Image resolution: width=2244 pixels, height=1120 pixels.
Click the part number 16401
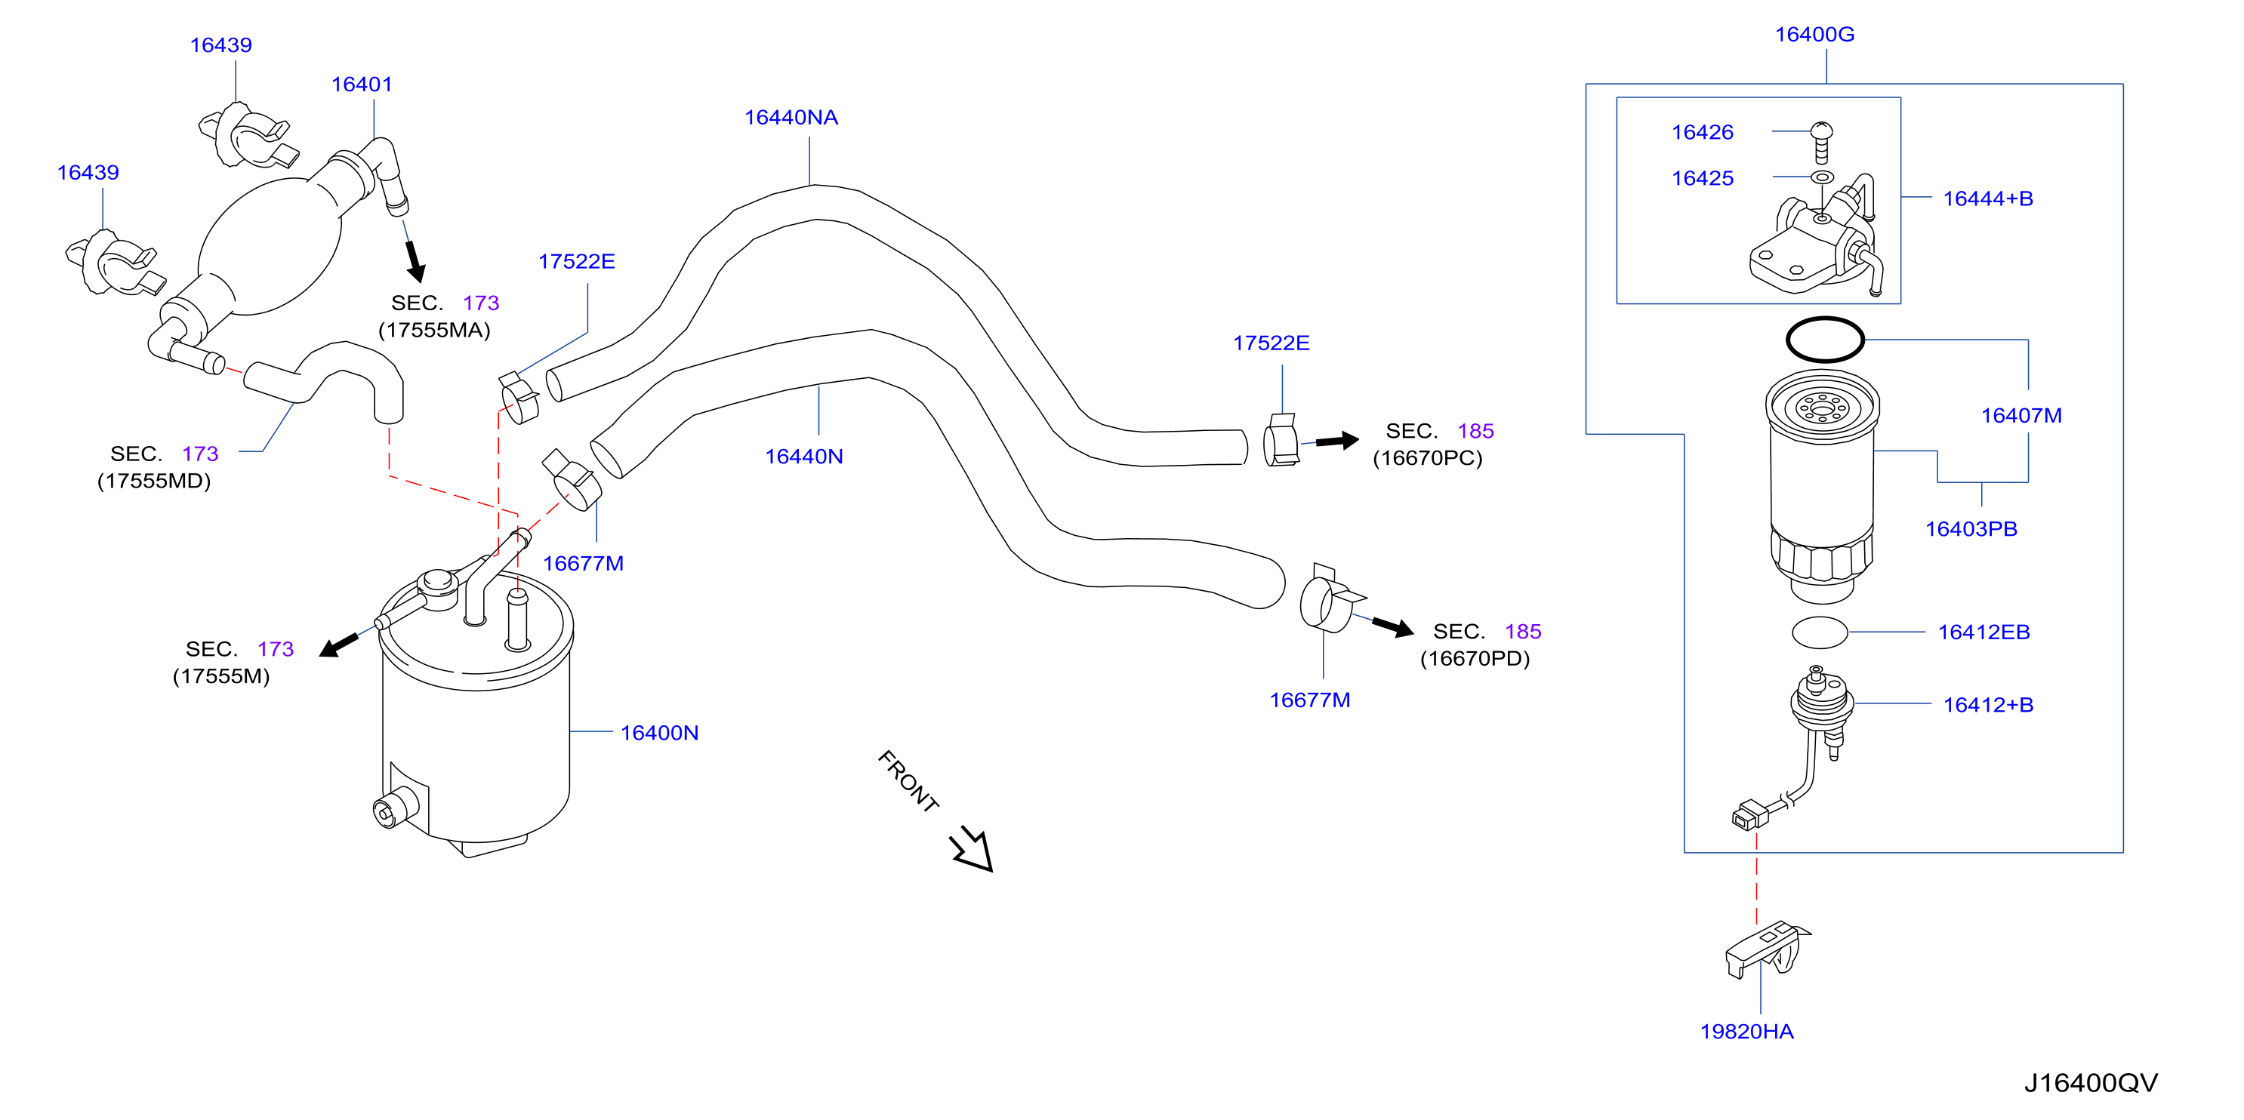pyautogui.click(x=362, y=85)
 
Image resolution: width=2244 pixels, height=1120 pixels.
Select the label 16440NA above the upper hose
pyautogui.click(x=791, y=118)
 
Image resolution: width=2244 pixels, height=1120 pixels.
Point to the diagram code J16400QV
pyautogui.click(x=2091, y=1082)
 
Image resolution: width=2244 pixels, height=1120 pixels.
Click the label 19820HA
pyautogui.click(x=1746, y=1032)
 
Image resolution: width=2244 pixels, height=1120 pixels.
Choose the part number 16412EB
pyautogui.click(x=1984, y=632)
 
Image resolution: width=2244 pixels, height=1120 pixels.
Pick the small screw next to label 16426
pyautogui.click(x=1820, y=143)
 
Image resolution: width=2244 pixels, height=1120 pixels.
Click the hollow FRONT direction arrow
pyautogui.click(x=973, y=849)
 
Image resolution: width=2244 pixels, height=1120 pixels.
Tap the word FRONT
pyautogui.click(x=908, y=781)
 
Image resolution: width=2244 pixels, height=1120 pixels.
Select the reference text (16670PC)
pyautogui.click(x=1427, y=458)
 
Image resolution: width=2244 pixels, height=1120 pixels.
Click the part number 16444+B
pyautogui.click(x=1988, y=198)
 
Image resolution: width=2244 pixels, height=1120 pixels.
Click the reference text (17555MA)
pyautogui.click(x=434, y=330)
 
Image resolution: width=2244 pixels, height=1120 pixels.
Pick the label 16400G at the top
pyautogui.click(x=1814, y=35)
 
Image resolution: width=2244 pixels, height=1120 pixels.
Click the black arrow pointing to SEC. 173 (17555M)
pyautogui.click(x=339, y=645)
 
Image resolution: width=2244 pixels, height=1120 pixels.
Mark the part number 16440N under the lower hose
pyautogui.click(x=803, y=457)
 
